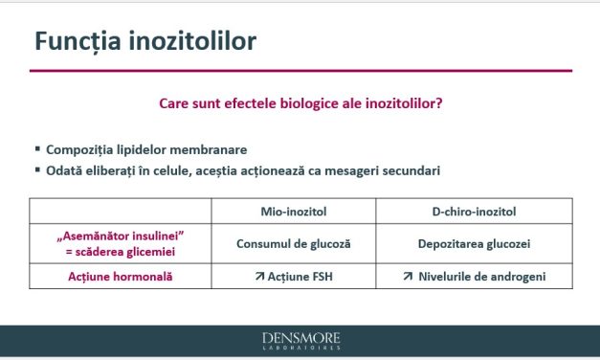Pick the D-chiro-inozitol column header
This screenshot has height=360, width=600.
(474, 210)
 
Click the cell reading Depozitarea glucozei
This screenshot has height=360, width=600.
(474, 243)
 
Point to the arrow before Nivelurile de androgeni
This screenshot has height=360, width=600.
(408, 277)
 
